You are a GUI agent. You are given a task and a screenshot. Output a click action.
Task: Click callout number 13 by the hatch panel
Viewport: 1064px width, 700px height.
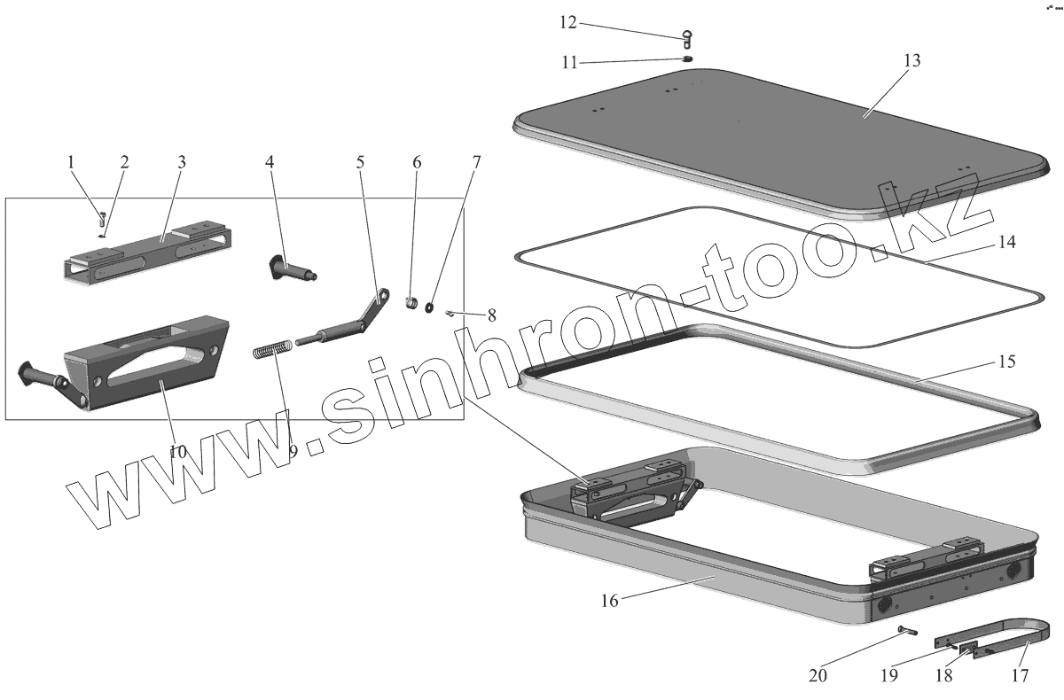pyautogui.click(x=911, y=60)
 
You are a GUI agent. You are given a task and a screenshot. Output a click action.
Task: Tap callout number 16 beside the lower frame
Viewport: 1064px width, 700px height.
pyautogui.click(x=610, y=600)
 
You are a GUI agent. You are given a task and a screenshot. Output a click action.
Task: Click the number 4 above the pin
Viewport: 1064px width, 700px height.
pyautogui.click(x=270, y=163)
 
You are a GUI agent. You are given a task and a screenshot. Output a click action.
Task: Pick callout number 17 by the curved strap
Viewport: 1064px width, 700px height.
pyautogui.click(x=1019, y=675)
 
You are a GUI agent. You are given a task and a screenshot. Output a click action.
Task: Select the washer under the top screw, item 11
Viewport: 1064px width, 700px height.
pyautogui.click(x=687, y=59)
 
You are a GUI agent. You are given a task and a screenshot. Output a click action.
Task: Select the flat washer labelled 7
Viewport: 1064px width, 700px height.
pyautogui.click(x=429, y=307)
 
